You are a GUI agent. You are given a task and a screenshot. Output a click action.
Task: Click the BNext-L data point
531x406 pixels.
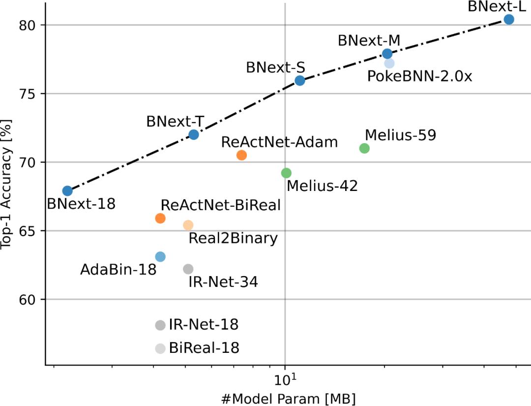tap(509, 19)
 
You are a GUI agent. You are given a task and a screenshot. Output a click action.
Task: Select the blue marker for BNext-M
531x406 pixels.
tap(387, 54)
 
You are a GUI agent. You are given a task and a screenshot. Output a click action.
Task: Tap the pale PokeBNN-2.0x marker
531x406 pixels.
tap(389, 63)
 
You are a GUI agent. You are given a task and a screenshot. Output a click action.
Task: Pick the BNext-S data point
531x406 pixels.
tap(300, 81)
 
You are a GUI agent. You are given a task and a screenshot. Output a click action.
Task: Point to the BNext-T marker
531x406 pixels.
tap(194, 134)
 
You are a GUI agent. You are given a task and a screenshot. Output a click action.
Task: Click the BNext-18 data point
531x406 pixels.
tap(68, 191)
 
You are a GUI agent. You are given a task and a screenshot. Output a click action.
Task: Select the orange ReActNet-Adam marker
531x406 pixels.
tap(241, 155)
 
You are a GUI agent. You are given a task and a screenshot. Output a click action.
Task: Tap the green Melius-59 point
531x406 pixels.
tap(364, 148)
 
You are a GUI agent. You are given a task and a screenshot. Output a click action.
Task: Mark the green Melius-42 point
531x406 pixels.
tap(286, 173)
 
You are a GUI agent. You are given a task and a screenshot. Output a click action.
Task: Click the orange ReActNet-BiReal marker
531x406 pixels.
tap(160, 218)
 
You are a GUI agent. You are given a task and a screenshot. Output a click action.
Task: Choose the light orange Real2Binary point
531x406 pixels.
tap(188, 225)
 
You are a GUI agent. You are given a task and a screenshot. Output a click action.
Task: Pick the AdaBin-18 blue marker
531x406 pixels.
tap(160, 256)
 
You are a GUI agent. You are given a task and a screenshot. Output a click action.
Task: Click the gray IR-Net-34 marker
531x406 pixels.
tap(188, 269)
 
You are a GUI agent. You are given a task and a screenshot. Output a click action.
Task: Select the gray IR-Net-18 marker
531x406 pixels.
tap(160, 325)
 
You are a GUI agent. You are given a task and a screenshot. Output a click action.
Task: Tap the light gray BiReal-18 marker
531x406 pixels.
tap(160, 348)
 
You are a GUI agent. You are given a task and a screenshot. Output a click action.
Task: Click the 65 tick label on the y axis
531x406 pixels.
tap(29, 231)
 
